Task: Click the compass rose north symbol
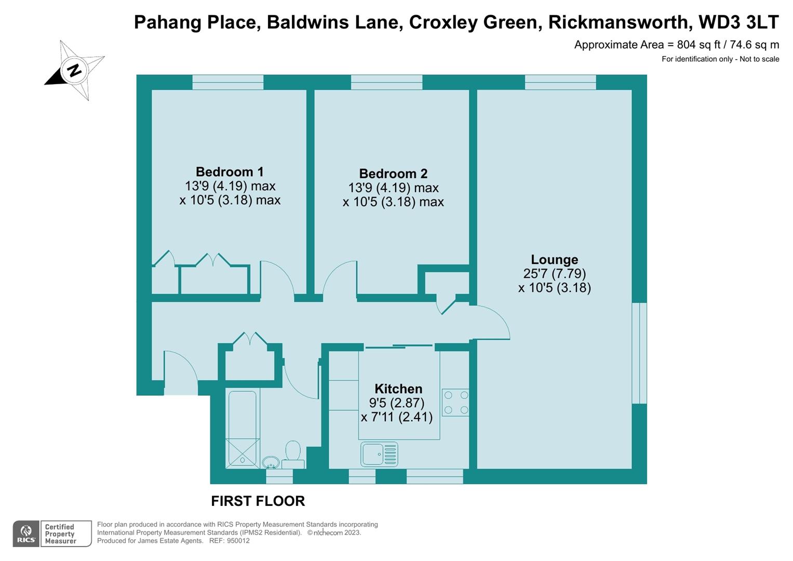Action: (75, 70)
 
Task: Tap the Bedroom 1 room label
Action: (230, 172)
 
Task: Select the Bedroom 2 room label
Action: (393, 173)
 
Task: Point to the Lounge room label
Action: (554, 260)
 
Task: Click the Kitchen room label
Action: (398, 389)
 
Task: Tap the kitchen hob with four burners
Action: (455, 403)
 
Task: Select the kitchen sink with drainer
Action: (379, 454)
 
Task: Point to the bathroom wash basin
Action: (271, 462)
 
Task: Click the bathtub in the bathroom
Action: (243, 429)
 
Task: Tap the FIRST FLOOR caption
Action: (258, 501)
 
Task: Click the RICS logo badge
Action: (25, 534)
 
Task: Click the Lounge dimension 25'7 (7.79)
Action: (554, 274)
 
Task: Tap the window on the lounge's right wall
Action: (639, 353)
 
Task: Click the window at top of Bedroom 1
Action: (227, 82)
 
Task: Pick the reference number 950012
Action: (237, 541)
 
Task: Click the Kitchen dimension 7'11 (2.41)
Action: (397, 417)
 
